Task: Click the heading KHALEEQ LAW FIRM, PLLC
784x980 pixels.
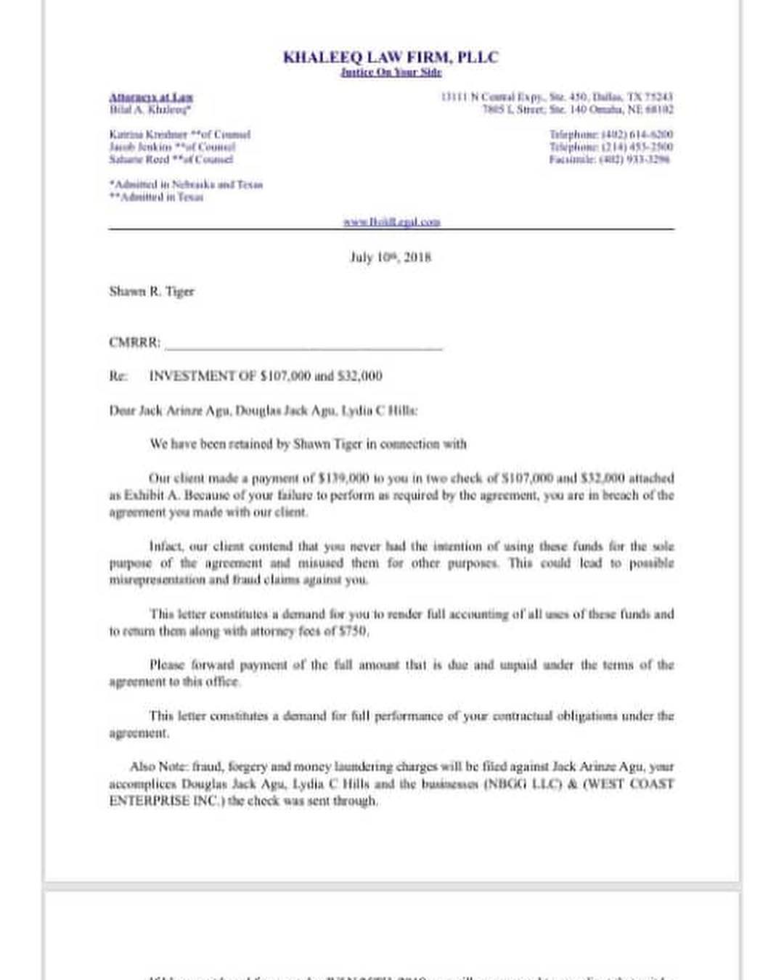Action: (391, 57)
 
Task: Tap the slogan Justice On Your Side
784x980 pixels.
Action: (391, 72)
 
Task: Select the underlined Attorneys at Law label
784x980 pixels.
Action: (151, 97)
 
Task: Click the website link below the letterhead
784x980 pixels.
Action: (391, 221)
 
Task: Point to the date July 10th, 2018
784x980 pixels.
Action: (391, 257)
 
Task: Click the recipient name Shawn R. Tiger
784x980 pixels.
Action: (152, 291)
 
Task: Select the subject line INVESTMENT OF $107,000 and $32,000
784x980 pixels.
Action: (265, 376)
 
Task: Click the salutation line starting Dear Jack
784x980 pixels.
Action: (263, 410)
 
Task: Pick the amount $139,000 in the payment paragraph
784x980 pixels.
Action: (344, 478)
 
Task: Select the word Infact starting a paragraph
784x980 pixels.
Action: (166, 546)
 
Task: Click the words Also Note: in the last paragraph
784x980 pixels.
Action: (159, 767)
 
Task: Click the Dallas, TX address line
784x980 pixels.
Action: (557, 97)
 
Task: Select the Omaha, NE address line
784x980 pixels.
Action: (578, 110)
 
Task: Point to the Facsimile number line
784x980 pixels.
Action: (609, 159)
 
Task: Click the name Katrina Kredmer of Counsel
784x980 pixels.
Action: (179, 134)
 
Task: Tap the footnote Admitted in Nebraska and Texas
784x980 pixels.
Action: (186, 184)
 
